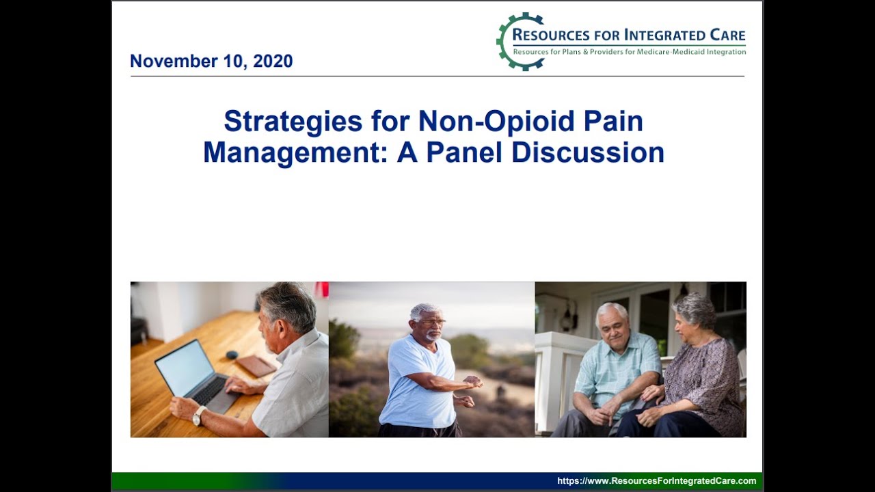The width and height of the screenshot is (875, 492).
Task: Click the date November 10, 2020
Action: [211, 61]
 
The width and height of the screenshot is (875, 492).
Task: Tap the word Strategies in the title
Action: [293, 122]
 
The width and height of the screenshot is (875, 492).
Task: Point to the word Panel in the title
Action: [465, 152]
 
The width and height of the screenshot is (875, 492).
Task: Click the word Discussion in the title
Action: [588, 152]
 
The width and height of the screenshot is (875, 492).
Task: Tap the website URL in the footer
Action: [656, 481]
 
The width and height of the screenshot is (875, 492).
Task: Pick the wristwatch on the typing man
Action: [199, 415]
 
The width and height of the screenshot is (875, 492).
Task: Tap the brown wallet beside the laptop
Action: [256, 366]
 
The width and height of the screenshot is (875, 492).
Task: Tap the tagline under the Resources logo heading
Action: [629, 52]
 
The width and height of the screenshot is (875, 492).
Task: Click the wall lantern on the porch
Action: [567, 318]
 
